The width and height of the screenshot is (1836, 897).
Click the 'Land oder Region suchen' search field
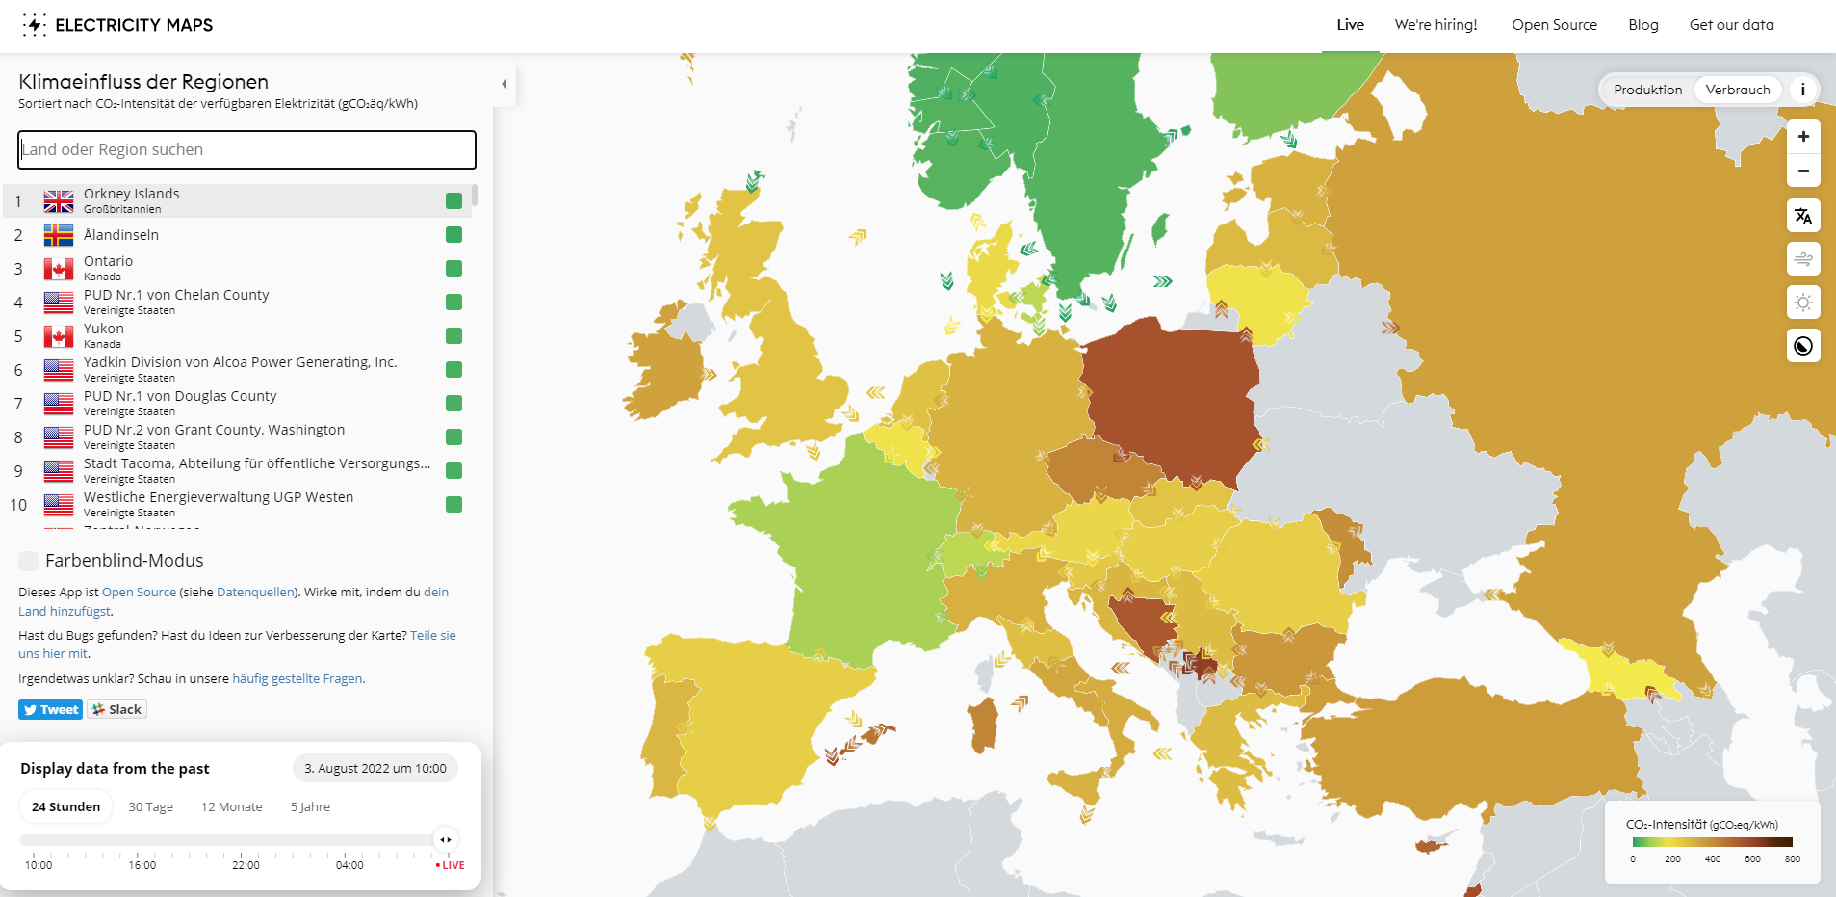(246, 149)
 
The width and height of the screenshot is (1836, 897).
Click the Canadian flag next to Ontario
(59, 269)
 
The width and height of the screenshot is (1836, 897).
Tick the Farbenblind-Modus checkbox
(29, 561)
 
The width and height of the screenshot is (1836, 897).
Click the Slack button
(116, 709)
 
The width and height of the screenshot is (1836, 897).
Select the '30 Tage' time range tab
(151, 806)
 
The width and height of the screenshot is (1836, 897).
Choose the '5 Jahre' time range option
(310, 806)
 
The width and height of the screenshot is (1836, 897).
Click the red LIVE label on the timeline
(451, 865)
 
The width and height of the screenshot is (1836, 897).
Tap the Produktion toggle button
(1647, 90)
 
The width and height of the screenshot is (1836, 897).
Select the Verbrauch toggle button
(1737, 90)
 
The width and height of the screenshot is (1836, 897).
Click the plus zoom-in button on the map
(1803, 137)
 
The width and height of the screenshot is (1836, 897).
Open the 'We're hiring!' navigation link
(1435, 25)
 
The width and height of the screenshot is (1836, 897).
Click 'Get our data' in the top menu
(1731, 25)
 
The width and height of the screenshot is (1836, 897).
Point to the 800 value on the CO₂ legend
(1792, 858)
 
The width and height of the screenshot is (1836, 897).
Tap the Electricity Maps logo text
(134, 25)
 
